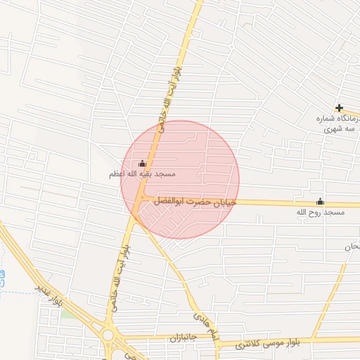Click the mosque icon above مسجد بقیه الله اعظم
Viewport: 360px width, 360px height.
tap(143, 163)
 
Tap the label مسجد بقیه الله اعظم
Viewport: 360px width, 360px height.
tap(142, 174)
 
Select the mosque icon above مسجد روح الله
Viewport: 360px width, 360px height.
tap(321, 201)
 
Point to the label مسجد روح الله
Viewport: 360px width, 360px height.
tap(321, 212)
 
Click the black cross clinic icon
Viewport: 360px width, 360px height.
tap(340, 108)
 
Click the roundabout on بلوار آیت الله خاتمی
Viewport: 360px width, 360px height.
tap(108, 335)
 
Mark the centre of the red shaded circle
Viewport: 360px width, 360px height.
tap(180, 179)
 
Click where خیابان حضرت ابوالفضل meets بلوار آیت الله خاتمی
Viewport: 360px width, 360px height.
tap(141, 201)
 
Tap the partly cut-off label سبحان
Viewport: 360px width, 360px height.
tap(352, 247)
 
